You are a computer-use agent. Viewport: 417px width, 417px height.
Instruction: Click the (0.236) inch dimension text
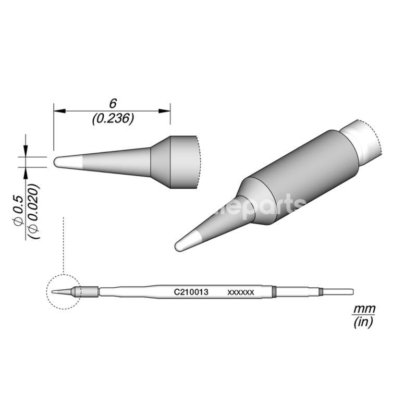coord(113,118)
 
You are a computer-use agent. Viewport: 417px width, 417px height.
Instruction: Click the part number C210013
coord(191,292)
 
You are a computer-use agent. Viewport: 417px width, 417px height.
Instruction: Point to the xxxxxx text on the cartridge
coord(240,293)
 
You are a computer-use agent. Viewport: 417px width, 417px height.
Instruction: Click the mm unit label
coord(364,310)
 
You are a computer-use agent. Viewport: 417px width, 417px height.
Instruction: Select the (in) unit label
coord(364,323)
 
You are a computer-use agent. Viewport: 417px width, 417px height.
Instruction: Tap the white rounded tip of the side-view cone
coord(60,162)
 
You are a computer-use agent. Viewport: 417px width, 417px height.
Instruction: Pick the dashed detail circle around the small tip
coord(47,292)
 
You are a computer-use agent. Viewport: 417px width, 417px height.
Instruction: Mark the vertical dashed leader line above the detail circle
coord(63,245)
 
